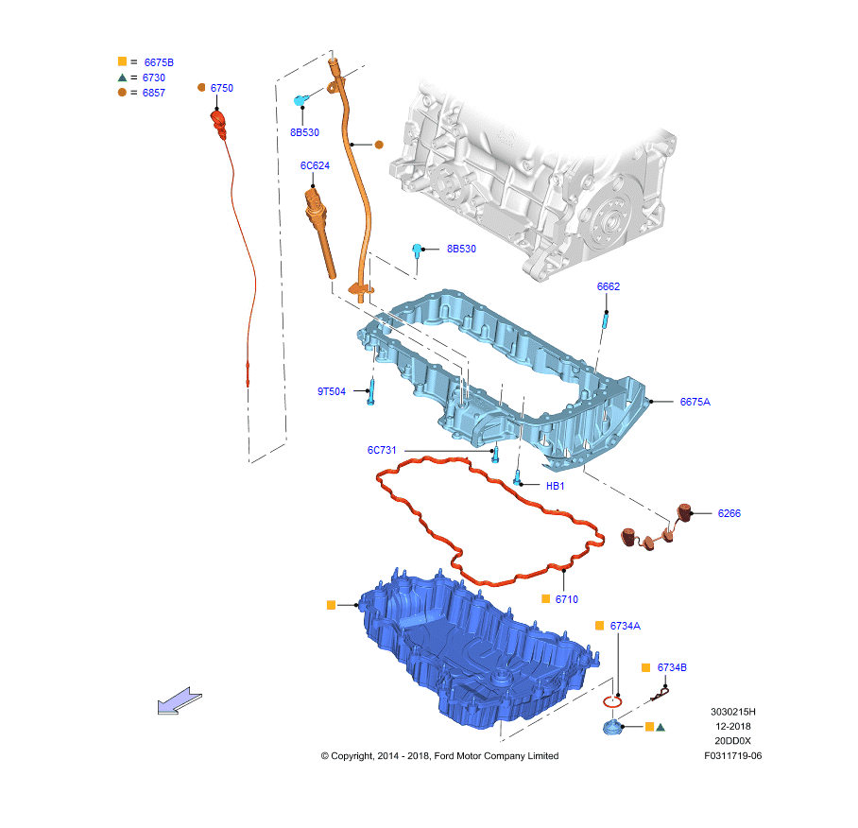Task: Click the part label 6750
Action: [x=221, y=88]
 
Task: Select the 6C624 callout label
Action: [x=315, y=165]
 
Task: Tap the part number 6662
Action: [x=609, y=286]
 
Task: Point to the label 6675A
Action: [x=695, y=402]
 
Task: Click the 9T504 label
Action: [x=332, y=390]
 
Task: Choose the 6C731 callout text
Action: [x=383, y=450]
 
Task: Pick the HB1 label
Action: [x=556, y=486]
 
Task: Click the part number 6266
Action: [x=729, y=513]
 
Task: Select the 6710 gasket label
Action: [x=567, y=599]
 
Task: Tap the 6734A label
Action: [x=625, y=626]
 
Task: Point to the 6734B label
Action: [x=672, y=667]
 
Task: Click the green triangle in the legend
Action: [x=122, y=78]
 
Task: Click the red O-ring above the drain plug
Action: [x=612, y=700]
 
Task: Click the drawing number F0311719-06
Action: [x=732, y=756]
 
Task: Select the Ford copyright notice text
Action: [x=439, y=756]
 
